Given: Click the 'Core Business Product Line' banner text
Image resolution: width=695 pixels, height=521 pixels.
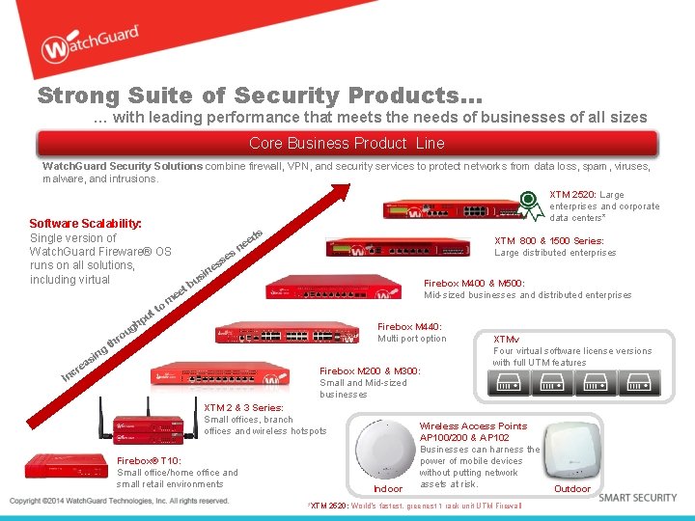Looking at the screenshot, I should [347, 143].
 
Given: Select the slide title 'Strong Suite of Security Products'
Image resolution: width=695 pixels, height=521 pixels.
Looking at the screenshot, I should [259, 96].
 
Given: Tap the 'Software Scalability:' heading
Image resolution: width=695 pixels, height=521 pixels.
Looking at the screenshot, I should [85, 223].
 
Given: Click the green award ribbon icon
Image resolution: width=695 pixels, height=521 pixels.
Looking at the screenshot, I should [529, 204].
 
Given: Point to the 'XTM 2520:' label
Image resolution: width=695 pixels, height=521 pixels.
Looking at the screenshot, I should [572, 195].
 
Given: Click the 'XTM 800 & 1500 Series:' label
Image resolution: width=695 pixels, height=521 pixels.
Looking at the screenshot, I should [548, 241].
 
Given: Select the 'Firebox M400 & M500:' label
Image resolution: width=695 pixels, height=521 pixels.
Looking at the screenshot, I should [474, 284].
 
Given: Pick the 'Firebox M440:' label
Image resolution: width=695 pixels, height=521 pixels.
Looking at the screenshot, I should [409, 327].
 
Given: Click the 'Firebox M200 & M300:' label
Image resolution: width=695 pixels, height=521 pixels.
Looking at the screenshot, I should [370, 370].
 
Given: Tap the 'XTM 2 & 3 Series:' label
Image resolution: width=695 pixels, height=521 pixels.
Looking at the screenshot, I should [243, 408].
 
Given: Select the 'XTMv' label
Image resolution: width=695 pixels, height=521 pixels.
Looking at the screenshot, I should [506, 340].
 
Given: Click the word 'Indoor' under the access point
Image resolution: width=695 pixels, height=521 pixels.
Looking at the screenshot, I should [388, 489].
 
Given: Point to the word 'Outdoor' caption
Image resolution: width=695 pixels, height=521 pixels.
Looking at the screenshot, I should [571, 489].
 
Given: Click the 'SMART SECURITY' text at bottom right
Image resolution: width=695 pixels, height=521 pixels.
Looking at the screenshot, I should [638, 498].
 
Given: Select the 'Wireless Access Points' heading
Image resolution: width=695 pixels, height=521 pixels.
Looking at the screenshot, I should [473, 425].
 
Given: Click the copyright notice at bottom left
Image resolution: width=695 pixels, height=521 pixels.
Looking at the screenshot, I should [119, 501].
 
